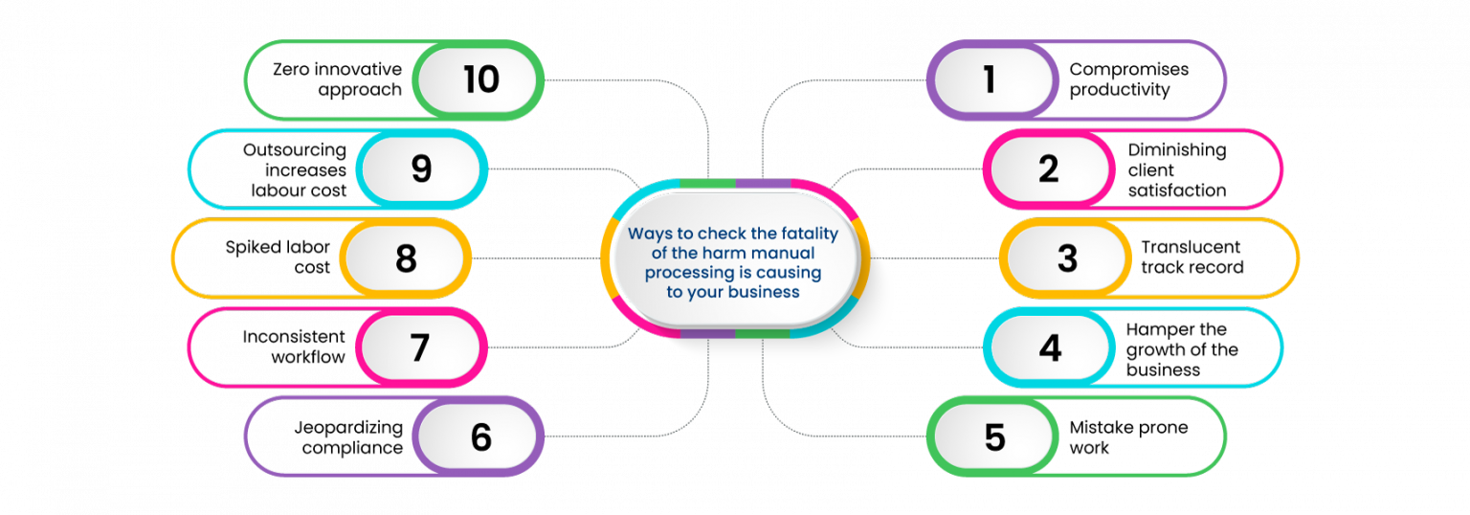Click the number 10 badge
pyautogui.click(x=480, y=79)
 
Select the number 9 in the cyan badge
pyautogui.click(x=421, y=168)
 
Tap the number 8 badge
pyautogui.click(x=406, y=258)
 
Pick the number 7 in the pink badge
pyautogui.click(x=420, y=347)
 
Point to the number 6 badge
pyautogui.click(x=480, y=437)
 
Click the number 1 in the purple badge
pyautogui.click(x=990, y=79)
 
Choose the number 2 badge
pyautogui.click(x=1049, y=168)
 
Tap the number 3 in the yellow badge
pyautogui.click(x=1066, y=258)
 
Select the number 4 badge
pyautogui.click(x=1050, y=347)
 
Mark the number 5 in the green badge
pyautogui.click(x=994, y=437)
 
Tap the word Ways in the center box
pyautogui.click(x=647, y=235)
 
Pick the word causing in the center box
pyautogui.click(x=791, y=274)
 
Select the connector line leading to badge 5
pyautogui.click(x=842, y=437)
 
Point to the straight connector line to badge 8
pyautogui.click(x=536, y=258)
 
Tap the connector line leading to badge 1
pyautogui.click(x=842, y=79)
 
